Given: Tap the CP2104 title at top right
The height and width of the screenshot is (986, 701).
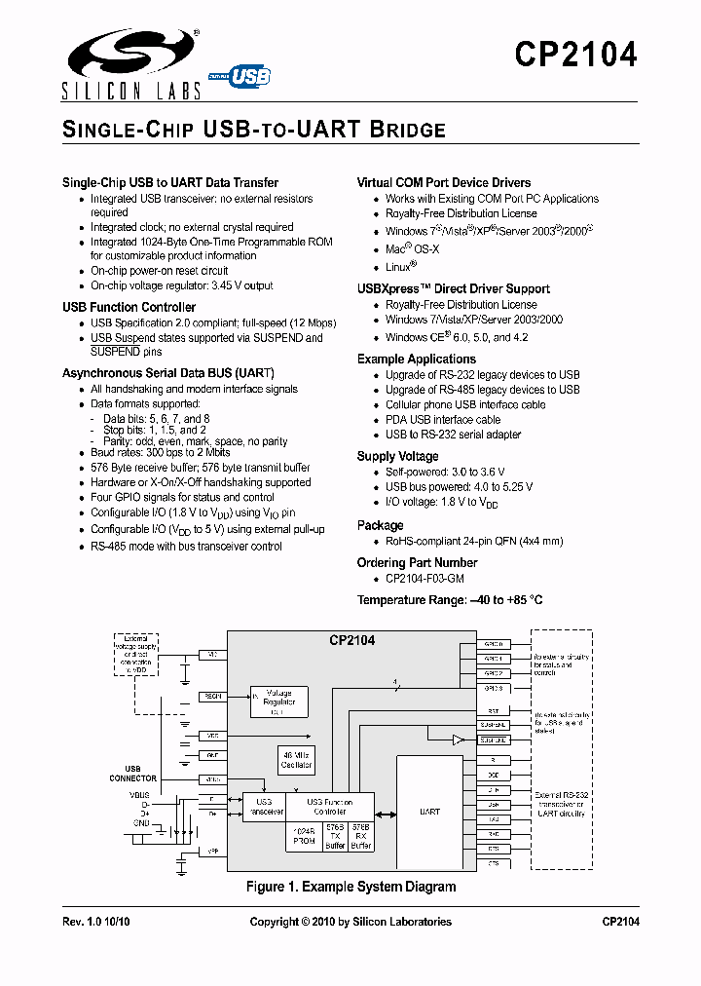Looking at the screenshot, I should tap(575, 54).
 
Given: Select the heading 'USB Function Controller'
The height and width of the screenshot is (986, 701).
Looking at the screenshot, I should tap(129, 308).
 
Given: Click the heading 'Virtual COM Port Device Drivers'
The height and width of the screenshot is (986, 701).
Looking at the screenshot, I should tap(444, 182).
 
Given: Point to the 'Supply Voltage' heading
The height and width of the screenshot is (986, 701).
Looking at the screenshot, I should tap(397, 456).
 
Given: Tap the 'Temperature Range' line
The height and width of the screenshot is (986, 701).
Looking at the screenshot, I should tap(462, 600).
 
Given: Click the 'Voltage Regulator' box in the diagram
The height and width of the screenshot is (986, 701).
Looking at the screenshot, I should tap(279, 702).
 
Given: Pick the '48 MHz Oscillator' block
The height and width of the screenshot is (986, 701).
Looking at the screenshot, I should tap(297, 759).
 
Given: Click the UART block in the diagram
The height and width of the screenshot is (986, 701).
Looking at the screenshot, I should tap(429, 811).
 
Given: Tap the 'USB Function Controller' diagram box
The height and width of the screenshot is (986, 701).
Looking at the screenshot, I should tap(327, 806).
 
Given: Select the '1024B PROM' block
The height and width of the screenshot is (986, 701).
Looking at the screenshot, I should tap(304, 836).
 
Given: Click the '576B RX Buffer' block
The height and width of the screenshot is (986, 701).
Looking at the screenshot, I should tap(361, 836).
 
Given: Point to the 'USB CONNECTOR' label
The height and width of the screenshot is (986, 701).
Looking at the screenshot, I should tap(133, 774).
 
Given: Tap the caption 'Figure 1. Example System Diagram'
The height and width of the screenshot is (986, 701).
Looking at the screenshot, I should tap(351, 887).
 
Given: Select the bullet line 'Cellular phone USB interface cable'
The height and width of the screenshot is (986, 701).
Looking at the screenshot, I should tap(465, 404).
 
